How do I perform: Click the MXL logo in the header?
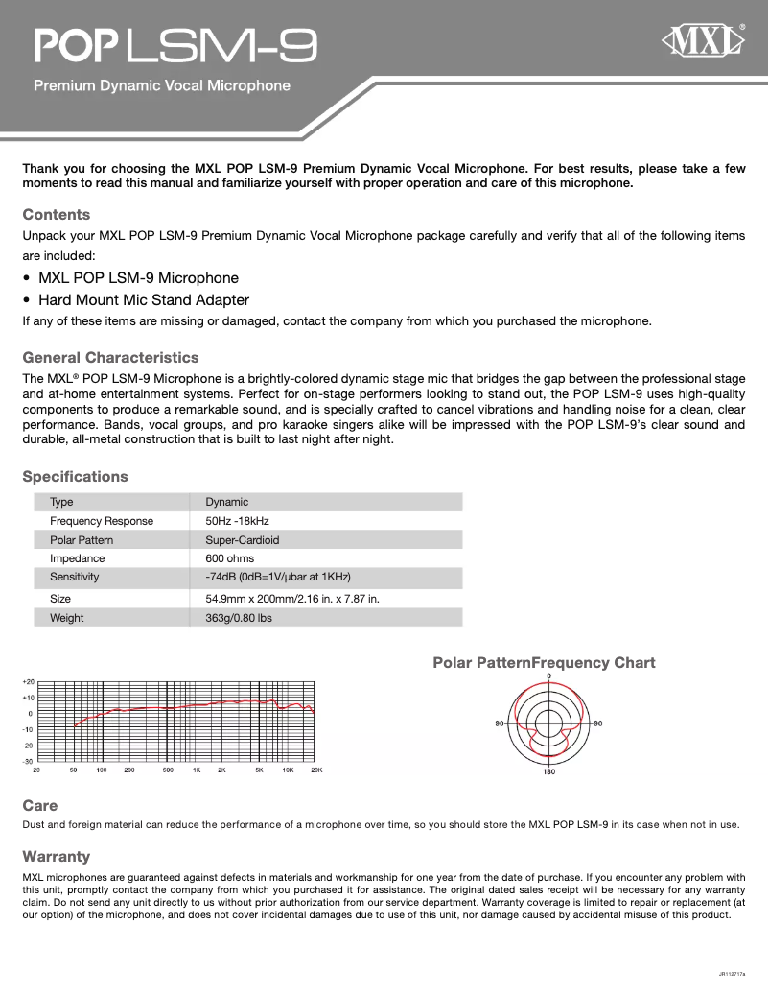[x=705, y=42]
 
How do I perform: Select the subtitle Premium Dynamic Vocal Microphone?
[x=162, y=85]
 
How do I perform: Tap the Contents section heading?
[x=57, y=214]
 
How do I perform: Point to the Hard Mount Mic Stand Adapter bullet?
[x=143, y=299]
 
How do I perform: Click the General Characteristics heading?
[x=110, y=357]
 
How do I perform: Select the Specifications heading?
[x=75, y=476]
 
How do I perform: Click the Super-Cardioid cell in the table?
[x=243, y=539]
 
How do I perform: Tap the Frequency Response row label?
[x=102, y=521]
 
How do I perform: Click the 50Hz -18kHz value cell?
[x=237, y=521]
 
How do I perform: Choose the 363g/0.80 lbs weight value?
[x=239, y=618]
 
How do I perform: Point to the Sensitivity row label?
[x=75, y=577]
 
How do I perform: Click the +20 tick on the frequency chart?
[x=28, y=681]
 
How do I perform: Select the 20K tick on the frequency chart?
[x=315, y=770]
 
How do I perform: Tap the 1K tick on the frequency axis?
[x=196, y=770]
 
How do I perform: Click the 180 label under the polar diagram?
[x=548, y=772]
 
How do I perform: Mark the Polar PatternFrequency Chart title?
[x=544, y=662]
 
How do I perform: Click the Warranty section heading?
[x=57, y=856]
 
